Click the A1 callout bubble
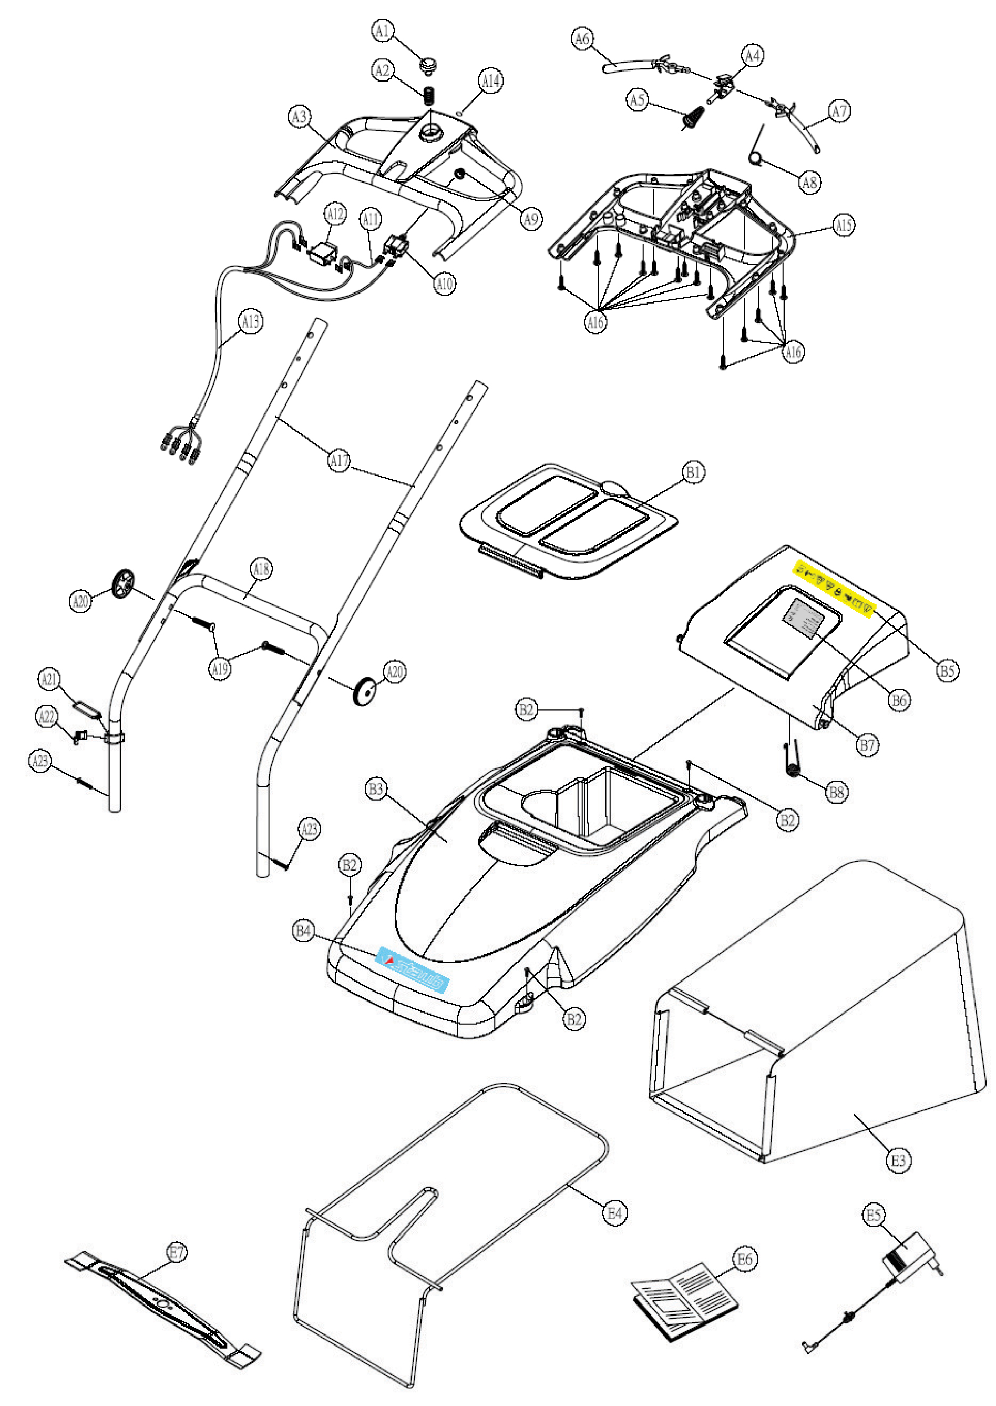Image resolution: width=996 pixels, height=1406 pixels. [x=382, y=31]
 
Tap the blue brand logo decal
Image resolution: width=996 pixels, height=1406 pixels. [x=412, y=969]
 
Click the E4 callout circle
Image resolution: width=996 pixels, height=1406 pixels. [x=614, y=1212]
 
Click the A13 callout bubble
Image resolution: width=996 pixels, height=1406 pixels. [x=250, y=321]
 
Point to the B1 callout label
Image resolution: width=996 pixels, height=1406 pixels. [x=693, y=472]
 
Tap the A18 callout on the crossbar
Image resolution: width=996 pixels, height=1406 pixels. [x=261, y=570]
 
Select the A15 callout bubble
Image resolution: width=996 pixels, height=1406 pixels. [x=845, y=225]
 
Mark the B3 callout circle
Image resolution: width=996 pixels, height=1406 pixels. [x=376, y=788]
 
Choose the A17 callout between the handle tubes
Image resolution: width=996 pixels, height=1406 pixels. [x=339, y=460]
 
